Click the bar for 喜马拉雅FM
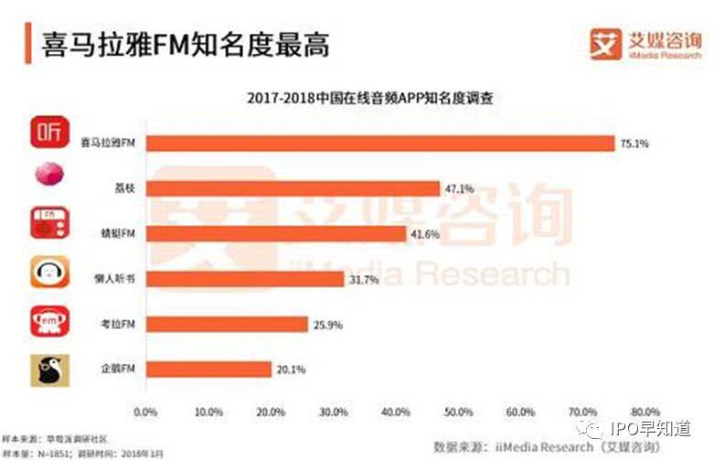coord(379,144)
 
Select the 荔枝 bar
coord(293,188)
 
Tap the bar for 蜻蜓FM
coord(275,233)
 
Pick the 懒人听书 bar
coord(244,279)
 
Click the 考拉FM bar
coord(227,324)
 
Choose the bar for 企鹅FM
coord(208,369)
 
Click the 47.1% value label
coord(460,188)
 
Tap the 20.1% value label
coord(291,369)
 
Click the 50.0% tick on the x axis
coord(458,412)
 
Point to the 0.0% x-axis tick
coord(146,412)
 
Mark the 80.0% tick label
coord(645,412)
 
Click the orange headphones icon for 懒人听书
coord(50,273)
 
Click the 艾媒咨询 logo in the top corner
coord(646,43)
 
